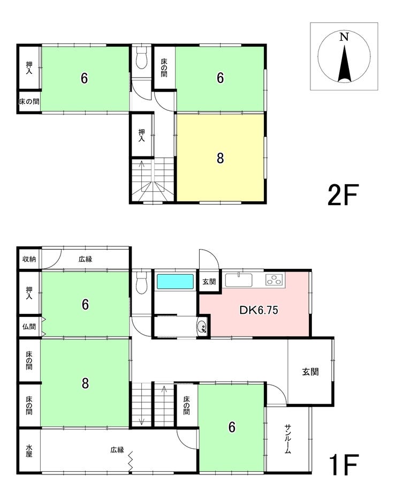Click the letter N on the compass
(344, 37)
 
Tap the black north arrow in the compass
(344, 63)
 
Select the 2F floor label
(343, 195)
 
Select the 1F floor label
(344, 464)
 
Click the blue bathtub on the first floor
(175, 281)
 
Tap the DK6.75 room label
(258, 310)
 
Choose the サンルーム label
(287, 439)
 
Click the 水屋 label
(29, 450)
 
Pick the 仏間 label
(29, 327)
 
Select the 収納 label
(29, 259)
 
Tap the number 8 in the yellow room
(220, 158)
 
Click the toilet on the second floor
(141, 58)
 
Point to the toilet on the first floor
(141, 283)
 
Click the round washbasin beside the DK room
(202, 327)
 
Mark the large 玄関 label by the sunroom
(310, 372)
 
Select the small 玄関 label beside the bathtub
(209, 281)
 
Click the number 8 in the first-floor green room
(85, 383)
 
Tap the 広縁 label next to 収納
(86, 259)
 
